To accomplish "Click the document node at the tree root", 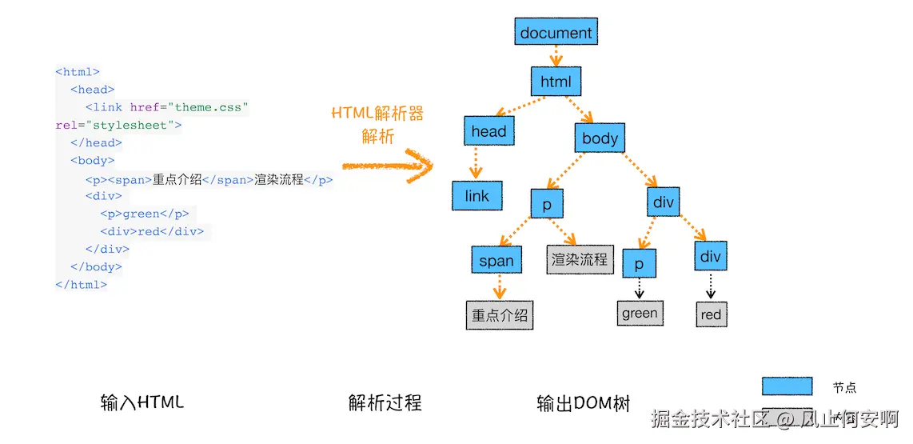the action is pyautogui.click(x=556, y=31).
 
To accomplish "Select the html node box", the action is pyautogui.click(x=556, y=82).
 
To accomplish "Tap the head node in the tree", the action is pyautogui.click(x=488, y=131).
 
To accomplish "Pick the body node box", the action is pyautogui.click(x=600, y=138).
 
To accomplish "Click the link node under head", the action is pyautogui.click(x=476, y=196).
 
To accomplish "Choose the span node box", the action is pyautogui.click(x=496, y=260).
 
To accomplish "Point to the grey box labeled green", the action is pyautogui.click(x=640, y=314).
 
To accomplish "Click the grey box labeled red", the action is pyautogui.click(x=711, y=314).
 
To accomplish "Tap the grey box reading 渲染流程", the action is pyautogui.click(x=580, y=259).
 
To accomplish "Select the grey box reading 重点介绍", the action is pyautogui.click(x=500, y=315).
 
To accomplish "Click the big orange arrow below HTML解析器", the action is pyautogui.click(x=388, y=166).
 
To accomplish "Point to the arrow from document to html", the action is pyautogui.click(x=556, y=57).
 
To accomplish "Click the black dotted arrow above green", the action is pyautogui.click(x=640, y=288).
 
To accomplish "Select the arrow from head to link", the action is pyautogui.click(x=476, y=163).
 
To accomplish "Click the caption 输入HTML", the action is pyautogui.click(x=142, y=402).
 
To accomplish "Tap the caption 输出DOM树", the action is pyautogui.click(x=584, y=403).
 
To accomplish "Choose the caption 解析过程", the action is pyautogui.click(x=385, y=402).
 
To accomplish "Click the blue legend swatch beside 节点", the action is pyautogui.click(x=787, y=386).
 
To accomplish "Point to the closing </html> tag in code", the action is pyautogui.click(x=81, y=284).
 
